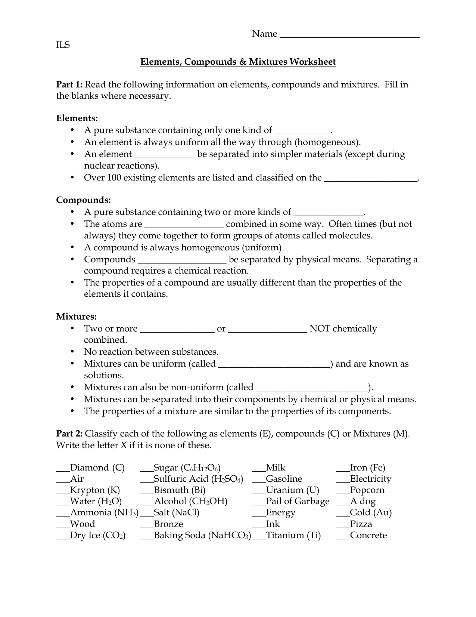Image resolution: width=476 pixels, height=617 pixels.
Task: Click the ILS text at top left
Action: [63, 45]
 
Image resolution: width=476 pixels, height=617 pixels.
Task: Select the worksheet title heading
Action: [238, 62]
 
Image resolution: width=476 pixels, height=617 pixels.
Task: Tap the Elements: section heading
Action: [77, 118]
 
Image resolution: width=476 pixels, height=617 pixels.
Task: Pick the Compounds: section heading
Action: [83, 200]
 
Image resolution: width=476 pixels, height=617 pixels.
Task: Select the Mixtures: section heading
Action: [77, 317]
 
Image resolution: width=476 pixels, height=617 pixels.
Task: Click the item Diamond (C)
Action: [97, 468]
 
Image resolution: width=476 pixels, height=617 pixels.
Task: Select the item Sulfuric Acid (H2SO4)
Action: [198, 479]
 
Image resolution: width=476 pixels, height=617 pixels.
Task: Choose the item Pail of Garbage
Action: [298, 502]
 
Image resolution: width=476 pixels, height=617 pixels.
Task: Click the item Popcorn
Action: [367, 490]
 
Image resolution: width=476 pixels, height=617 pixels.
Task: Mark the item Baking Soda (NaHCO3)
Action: [202, 536]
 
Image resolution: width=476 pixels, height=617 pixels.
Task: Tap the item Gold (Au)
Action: [371, 513]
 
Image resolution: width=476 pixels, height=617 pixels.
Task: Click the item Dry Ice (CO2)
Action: [98, 536]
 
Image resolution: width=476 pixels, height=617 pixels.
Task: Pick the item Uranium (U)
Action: [292, 490]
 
